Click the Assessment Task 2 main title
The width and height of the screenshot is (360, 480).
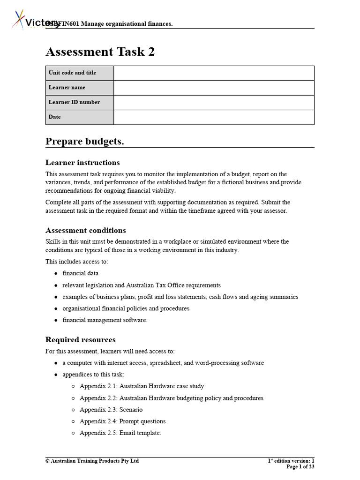coord(100,52)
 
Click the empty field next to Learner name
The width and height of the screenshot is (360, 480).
coord(214,88)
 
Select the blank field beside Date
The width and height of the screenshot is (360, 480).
coord(214,117)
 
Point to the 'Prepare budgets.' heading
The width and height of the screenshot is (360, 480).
coord(85,142)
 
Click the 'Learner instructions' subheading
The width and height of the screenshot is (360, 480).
coord(82,163)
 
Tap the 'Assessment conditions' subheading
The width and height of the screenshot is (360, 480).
coord(85,231)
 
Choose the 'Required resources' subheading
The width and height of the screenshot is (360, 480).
coord(80,340)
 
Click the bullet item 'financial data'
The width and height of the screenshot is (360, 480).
coord(80,273)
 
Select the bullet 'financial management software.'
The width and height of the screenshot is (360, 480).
coord(105,320)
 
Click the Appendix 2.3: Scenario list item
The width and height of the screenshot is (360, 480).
coord(111,410)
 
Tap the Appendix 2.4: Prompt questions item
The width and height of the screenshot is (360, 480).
coord(122,421)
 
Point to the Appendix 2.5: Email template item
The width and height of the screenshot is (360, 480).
coord(120,433)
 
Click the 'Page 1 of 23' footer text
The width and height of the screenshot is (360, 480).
coord(300,467)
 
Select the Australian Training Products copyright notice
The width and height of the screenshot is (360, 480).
coord(92,461)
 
